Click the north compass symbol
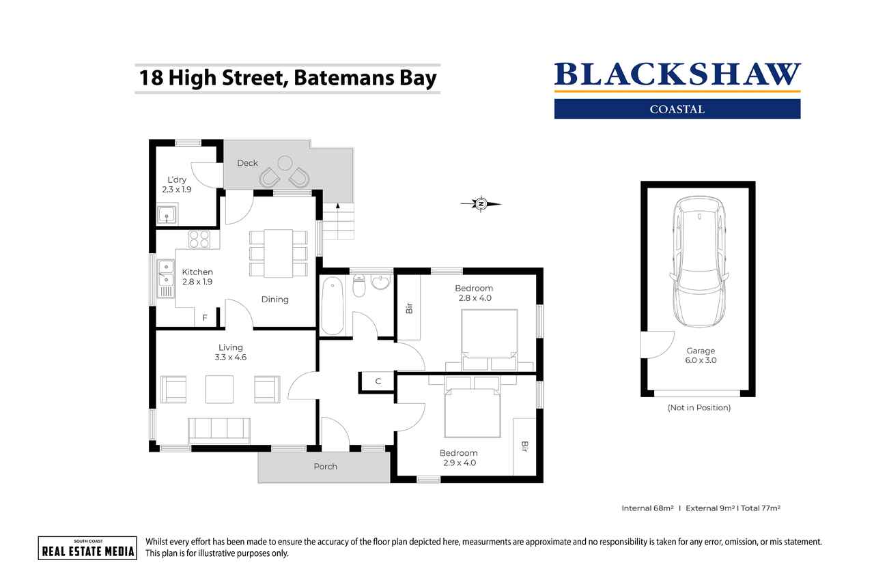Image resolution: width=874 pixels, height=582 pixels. click(x=481, y=203)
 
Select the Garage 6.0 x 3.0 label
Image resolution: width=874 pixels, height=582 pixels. click(x=701, y=355)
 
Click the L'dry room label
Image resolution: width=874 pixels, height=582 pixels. click(x=176, y=185)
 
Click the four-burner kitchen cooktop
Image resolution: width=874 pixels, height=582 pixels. click(x=199, y=239)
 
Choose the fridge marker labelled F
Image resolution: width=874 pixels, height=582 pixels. click(x=205, y=318)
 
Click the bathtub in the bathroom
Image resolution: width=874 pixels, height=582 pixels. click(x=333, y=304)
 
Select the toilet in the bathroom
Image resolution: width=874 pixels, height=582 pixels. click(x=359, y=288)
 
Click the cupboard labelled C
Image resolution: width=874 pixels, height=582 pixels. click(x=378, y=381)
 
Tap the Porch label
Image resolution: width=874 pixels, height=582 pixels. click(x=325, y=467)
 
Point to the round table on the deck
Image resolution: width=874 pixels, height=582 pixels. click(x=285, y=162)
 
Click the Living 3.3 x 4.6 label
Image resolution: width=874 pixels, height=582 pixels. click(x=230, y=352)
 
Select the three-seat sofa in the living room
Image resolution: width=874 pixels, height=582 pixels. click(x=219, y=429)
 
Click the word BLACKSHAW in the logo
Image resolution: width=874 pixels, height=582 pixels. click(x=677, y=75)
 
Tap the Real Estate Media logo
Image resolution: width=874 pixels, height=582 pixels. click(x=87, y=548)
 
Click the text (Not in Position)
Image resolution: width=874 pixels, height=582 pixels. click(x=699, y=407)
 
